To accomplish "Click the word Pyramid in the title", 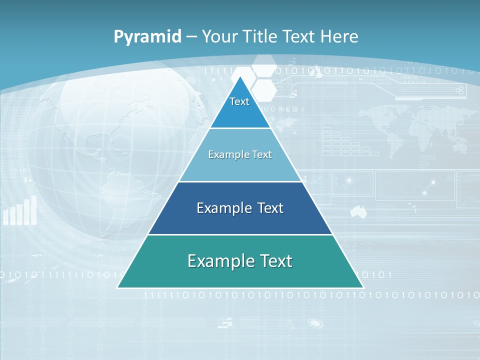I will pos(147,36).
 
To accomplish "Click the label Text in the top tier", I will pos(239,101).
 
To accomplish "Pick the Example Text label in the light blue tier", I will pos(240,154).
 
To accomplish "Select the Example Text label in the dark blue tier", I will pos(240,208).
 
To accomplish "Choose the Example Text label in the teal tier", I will pos(240,261).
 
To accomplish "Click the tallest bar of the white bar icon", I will pos(34,209).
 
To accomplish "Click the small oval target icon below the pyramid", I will pos(315,323).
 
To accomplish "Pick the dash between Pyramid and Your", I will pos(191,36).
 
